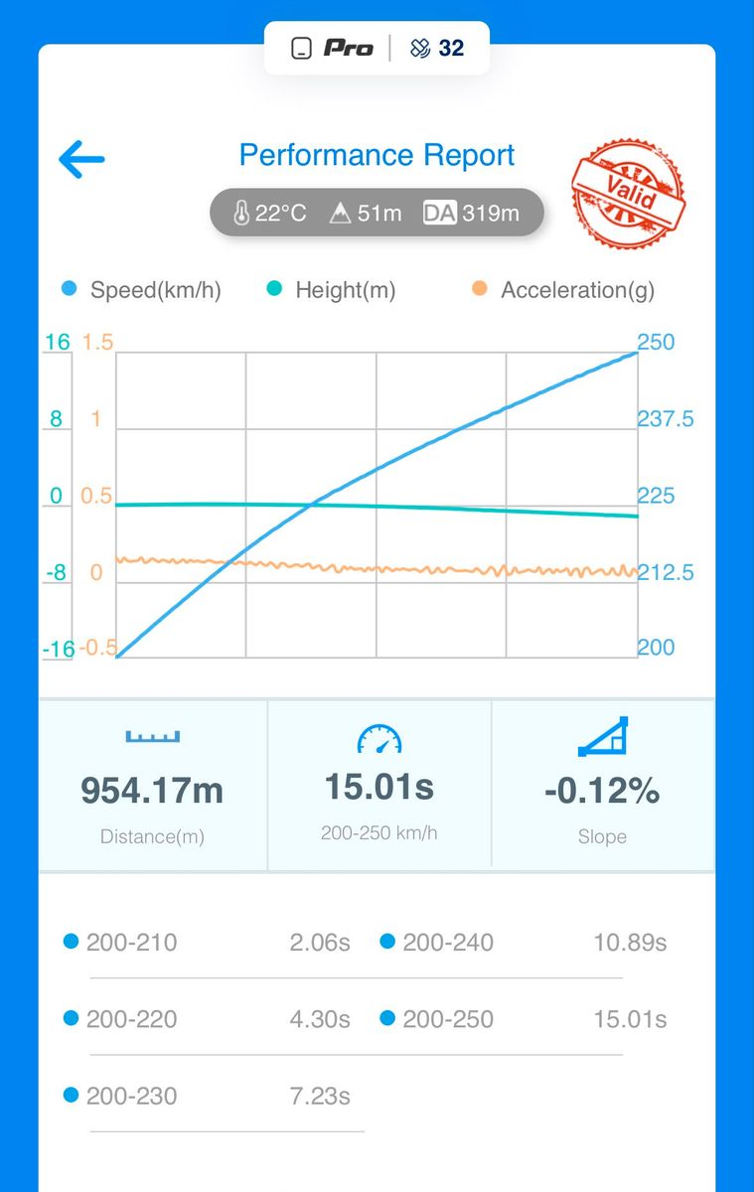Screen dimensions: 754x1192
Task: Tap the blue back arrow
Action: (x=81, y=159)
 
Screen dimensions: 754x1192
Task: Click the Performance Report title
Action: (x=377, y=155)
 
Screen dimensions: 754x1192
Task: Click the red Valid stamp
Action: (x=629, y=193)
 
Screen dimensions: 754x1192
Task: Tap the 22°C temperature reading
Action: (x=270, y=214)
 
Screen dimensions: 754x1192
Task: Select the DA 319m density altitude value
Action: (x=471, y=213)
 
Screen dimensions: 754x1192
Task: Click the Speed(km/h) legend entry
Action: (x=141, y=290)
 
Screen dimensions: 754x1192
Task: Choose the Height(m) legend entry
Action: (x=331, y=290)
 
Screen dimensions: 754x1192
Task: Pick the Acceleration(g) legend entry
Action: (x=563, y=290)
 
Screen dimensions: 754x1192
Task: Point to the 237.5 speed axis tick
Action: (x=666, y=419)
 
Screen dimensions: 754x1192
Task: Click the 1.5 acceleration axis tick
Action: (x=98, y=342)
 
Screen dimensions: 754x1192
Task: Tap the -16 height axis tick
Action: (x=59, y=650)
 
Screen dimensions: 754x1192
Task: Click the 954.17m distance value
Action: (x=152, y=791)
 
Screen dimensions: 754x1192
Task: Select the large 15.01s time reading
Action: (x=379, y=787)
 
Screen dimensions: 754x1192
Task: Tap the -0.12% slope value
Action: (x=602, y=791)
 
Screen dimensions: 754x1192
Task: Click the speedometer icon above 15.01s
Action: (x=379, y=739)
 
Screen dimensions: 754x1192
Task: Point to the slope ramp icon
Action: (x=603, y=736)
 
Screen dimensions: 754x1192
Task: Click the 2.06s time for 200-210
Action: (x=320, y=943)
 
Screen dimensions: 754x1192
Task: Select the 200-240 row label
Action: (x=448, y=943)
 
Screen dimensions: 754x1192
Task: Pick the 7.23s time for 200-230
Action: (x=320, y=1097)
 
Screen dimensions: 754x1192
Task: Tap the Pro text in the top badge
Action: (x=349, y=49)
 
